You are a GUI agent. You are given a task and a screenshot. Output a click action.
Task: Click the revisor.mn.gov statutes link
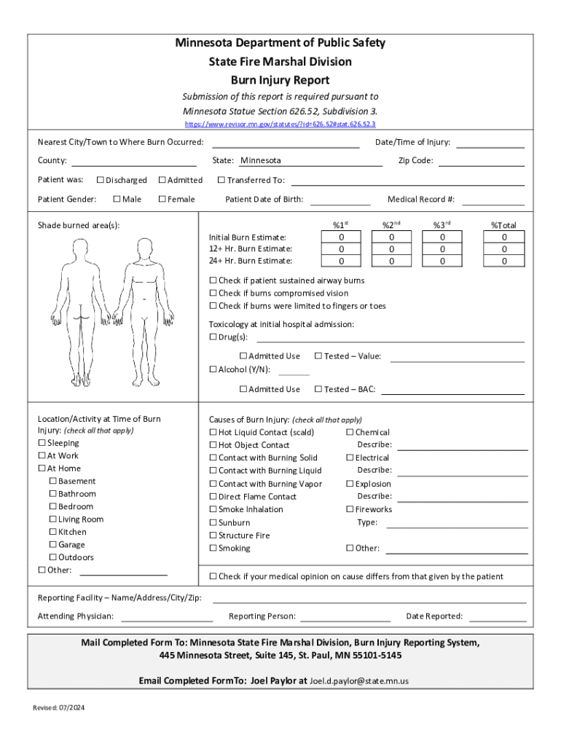[x=280, y=125]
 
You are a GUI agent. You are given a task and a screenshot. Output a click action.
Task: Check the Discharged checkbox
[x=101, y=180]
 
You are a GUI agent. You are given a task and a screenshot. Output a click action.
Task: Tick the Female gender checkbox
[x=162, y=199]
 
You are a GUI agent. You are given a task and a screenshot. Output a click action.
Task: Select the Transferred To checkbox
[x=222, y=180]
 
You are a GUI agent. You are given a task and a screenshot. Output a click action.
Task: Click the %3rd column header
[x=442, y=225]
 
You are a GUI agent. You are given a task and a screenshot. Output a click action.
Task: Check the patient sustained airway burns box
[x=213, y=280]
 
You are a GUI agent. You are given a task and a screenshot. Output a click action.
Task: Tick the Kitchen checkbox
[x=53, y=532]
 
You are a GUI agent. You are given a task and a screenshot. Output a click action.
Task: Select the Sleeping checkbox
[x=42, y=443]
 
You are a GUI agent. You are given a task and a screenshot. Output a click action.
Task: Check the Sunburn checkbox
[x=213, y=522]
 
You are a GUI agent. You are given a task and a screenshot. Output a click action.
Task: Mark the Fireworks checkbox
[x=350, y=509]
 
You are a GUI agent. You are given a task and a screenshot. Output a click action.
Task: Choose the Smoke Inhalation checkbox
[x=213, y=509]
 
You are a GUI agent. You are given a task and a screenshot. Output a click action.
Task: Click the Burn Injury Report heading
[x=280, y=80]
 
